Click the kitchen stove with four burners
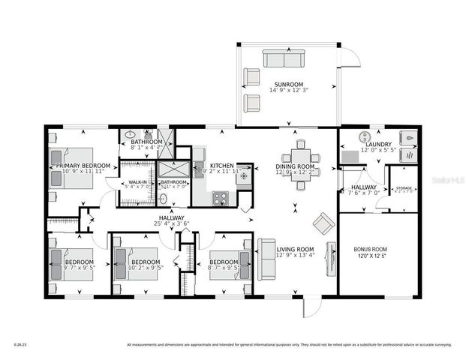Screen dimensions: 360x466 [221, 198]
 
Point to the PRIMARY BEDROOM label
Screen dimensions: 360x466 [83, 165]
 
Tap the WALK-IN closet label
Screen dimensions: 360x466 [137, 181]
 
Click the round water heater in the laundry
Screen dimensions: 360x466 [365, 137]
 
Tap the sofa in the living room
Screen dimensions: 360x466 [266, 258]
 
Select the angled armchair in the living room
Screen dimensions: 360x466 [324, 223]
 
